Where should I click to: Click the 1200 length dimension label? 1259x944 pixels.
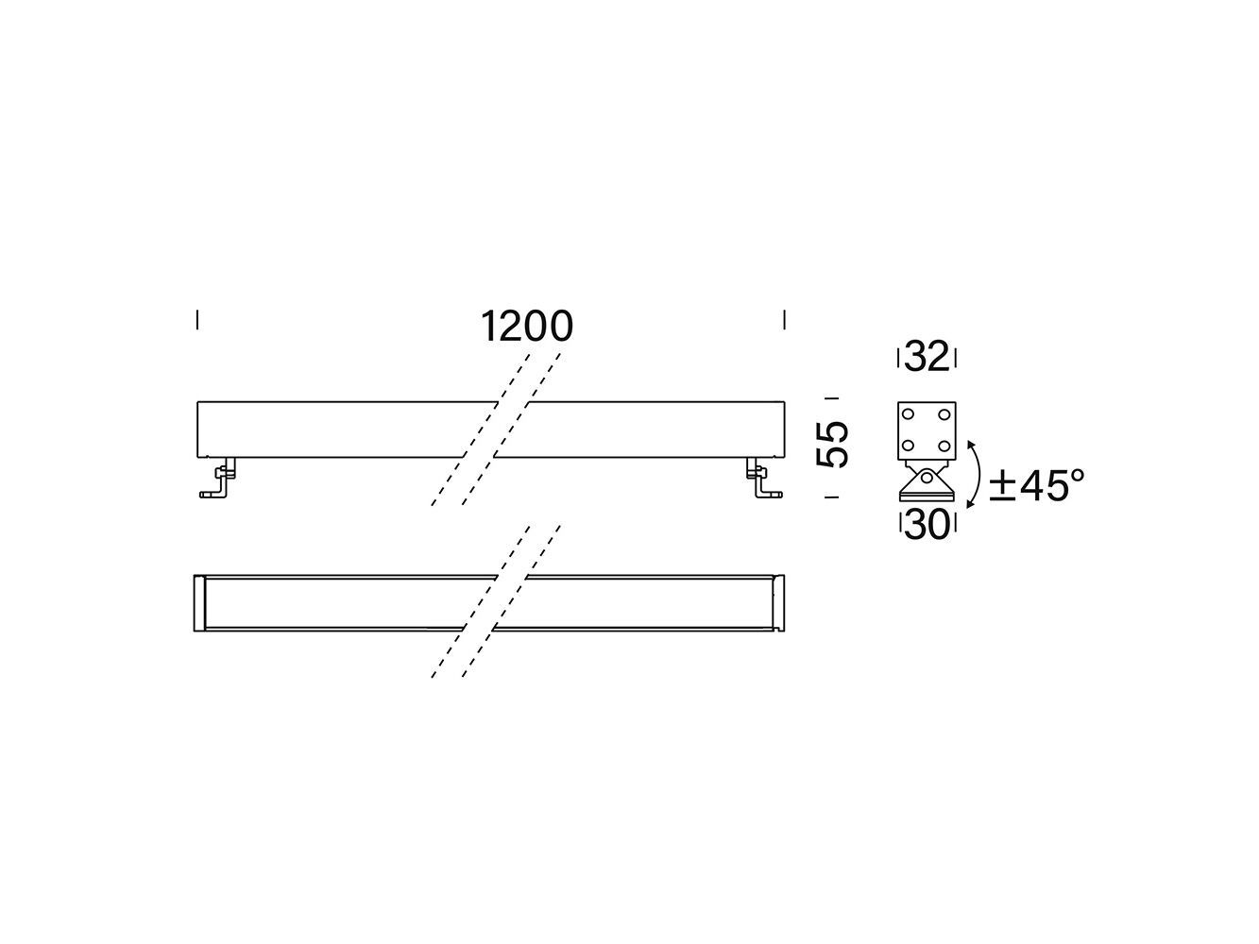pos(527,327)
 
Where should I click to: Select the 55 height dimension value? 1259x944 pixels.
pos(833,445)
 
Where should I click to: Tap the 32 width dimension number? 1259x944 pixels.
pos(927,358)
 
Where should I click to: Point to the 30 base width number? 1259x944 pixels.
pos(927,526)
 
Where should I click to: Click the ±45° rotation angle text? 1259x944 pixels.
pos(1036,486)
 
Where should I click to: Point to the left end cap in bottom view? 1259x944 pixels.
pos(198,602)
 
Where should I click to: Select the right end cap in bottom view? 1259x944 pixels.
pos(779,602)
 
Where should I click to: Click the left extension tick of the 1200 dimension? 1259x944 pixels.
pos(197,320)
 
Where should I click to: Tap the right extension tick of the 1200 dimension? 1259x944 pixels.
pos(784,320)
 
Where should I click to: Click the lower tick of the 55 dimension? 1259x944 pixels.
pos(832,497)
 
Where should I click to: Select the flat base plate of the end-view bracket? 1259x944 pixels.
pos(927,497)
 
